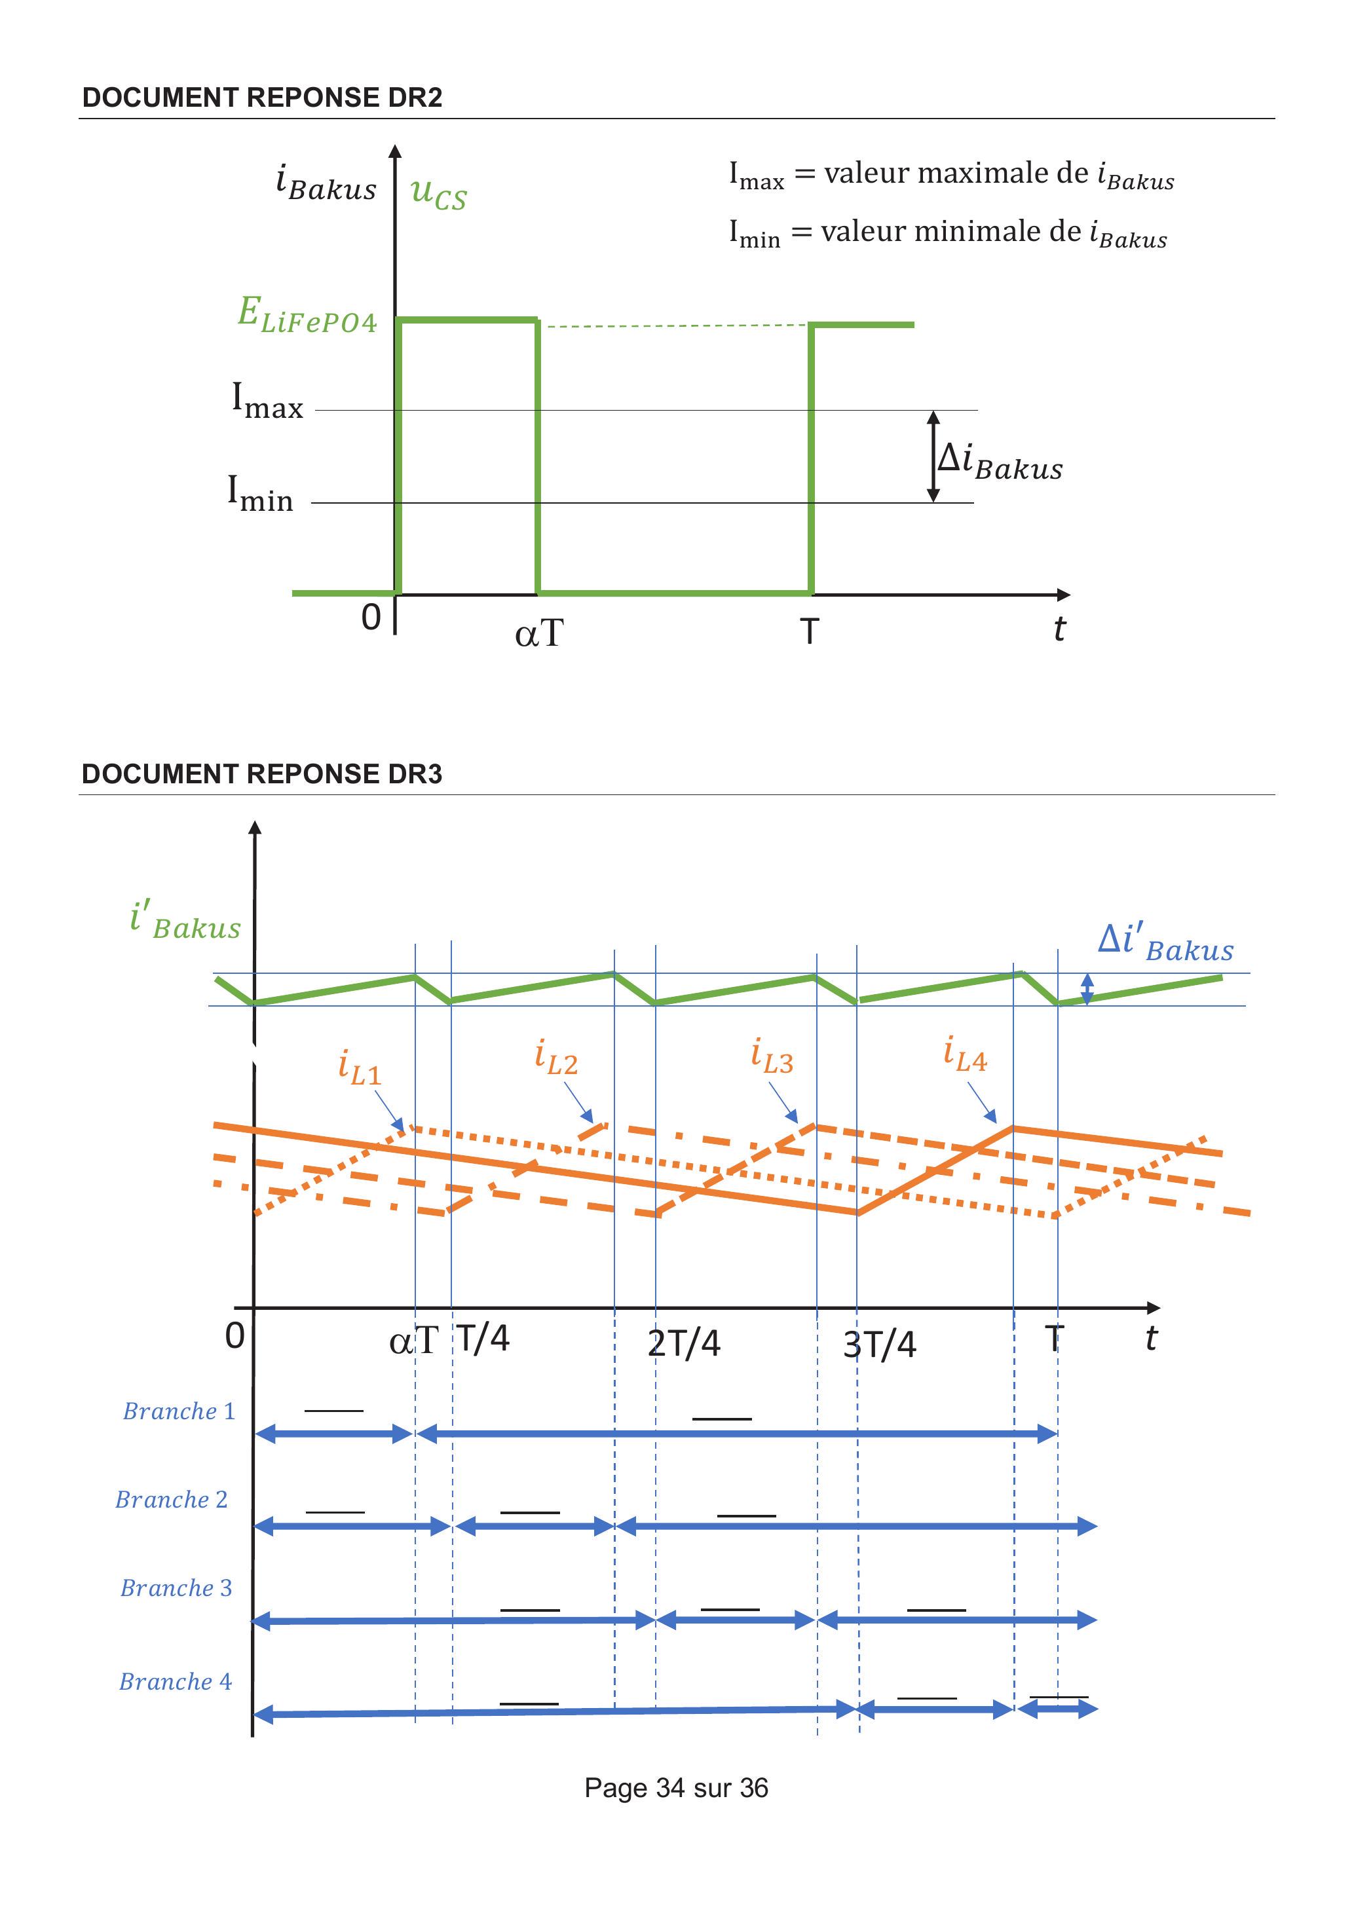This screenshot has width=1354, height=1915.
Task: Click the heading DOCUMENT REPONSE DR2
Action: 262,98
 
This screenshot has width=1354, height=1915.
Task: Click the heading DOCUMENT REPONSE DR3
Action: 262,774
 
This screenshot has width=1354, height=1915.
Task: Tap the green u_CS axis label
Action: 439,193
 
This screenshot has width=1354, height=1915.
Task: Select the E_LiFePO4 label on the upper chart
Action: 307,315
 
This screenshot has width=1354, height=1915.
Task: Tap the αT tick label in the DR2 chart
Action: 539,634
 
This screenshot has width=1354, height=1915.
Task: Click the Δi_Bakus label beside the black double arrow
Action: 1000,460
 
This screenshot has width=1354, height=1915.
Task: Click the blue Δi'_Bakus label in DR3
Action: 1165,942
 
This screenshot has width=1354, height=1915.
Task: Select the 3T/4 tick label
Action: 879,1345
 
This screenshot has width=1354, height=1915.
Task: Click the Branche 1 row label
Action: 179,1411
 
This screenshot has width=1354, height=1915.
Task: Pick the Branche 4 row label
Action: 175,1681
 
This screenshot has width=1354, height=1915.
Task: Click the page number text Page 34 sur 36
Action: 677,1787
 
